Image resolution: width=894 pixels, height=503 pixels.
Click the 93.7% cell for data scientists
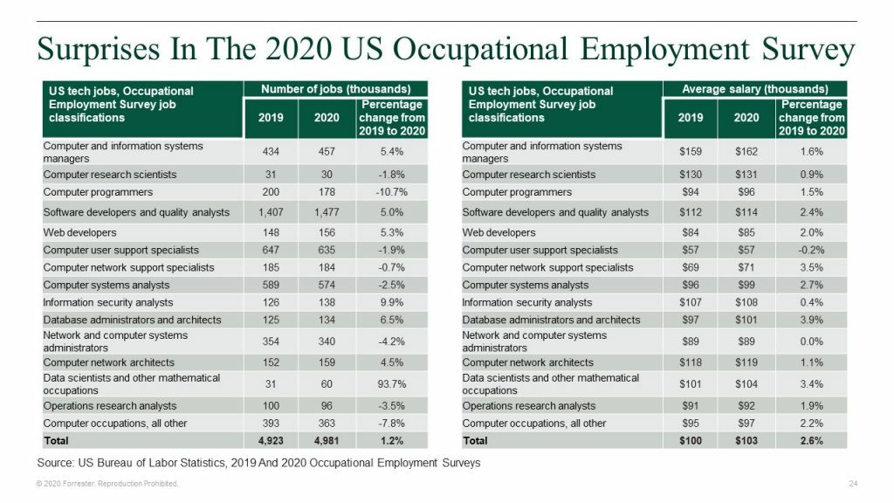(x=391, y=384)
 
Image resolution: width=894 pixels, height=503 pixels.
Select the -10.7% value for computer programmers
(x=391, y=192)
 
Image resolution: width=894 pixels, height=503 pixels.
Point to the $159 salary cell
(x=691, y=152)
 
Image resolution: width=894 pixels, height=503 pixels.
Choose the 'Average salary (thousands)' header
(x=755, y=89)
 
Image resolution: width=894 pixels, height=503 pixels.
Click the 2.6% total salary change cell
(x=811, y=440)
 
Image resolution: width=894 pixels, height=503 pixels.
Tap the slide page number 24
(x=853, y=484)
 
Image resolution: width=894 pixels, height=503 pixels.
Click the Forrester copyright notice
(x=106, y=484)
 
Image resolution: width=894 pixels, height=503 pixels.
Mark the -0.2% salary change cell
(x=811, y=251)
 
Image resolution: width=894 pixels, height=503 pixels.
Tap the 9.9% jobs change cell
(x=391, y=303)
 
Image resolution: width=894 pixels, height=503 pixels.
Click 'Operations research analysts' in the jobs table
(x=110, y=406)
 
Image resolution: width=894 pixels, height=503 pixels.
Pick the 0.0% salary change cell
(x=811, y=341)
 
